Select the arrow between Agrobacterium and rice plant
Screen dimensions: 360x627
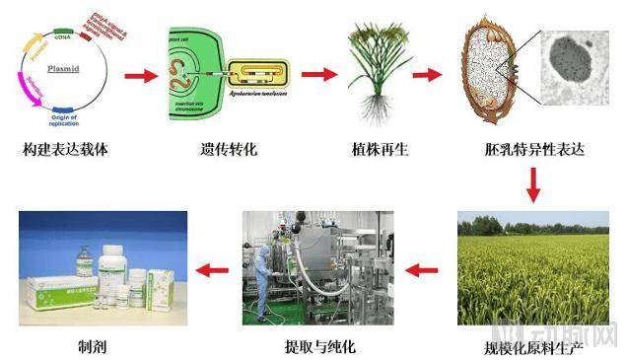coord(318,74)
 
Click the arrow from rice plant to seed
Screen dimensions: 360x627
coord(426,74)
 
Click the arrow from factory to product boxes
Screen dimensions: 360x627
coord(212,267)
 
